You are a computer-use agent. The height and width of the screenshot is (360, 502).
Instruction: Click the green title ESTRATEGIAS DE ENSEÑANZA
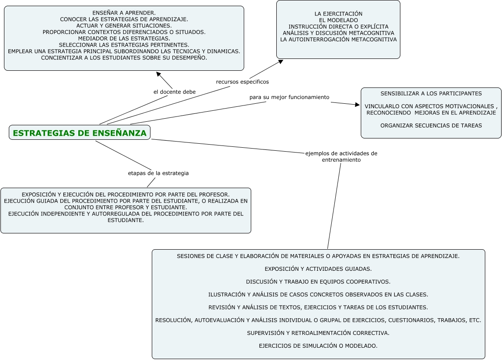point(80,133)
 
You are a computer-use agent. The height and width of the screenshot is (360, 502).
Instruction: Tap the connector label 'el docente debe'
point(175,92)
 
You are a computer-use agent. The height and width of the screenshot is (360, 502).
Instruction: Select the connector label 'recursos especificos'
point(242,82)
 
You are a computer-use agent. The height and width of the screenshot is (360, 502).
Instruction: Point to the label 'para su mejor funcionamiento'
point(289,97)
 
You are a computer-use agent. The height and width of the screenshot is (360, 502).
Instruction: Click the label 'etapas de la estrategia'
point(158,173)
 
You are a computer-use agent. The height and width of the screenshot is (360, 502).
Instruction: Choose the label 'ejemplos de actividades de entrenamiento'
point(341,156)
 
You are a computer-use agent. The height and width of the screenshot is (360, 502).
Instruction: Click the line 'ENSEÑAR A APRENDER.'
point(124,13)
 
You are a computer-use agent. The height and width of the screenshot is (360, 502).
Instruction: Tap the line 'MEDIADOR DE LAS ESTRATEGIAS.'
point(124,38)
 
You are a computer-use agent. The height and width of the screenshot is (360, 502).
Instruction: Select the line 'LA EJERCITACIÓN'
point(338,14)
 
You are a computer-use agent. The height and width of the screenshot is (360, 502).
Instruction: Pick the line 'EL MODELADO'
point(338,20)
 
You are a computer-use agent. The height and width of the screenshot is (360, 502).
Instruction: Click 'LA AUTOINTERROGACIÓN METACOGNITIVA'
point(338,40)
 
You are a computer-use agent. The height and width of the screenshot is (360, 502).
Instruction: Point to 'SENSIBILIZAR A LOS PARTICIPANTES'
point(431,94)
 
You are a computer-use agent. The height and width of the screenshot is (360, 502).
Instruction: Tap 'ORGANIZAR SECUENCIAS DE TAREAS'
point(431,125)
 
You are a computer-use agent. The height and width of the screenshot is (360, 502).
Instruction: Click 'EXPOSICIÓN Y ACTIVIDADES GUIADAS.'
point(318,269)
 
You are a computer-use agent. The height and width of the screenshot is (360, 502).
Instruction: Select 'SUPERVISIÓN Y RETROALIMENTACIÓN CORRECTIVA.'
point(318,333)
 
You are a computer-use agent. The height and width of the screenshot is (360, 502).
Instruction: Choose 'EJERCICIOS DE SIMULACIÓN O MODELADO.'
point(318,345)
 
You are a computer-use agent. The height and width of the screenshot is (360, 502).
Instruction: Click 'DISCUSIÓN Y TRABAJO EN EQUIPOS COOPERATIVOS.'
point(318,282)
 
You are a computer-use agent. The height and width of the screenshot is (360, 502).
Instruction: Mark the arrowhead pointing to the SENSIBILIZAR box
point(357,104)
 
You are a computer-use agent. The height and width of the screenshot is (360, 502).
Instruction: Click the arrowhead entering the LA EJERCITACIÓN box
point(280,62)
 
